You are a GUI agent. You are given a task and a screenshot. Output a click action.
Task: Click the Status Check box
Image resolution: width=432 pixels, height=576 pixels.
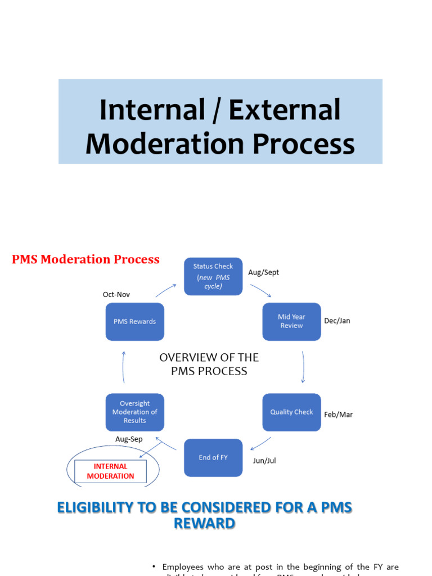[x=213, y=276]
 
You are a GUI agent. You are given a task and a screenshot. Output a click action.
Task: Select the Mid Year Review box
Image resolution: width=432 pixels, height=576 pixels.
[x=291, y=321]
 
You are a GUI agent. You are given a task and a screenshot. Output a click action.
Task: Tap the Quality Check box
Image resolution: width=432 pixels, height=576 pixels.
[x=291, y=412]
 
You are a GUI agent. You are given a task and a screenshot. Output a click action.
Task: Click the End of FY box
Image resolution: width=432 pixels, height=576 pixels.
[x=213, y=457]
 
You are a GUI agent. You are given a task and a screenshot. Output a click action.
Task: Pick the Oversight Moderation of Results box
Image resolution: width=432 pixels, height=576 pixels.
[x=134, y=412]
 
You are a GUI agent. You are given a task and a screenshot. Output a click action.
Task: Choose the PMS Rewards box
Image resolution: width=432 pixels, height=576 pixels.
[x=134, y=322]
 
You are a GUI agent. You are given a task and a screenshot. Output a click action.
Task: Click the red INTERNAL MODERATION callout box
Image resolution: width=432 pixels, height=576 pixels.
[x=110, y=471]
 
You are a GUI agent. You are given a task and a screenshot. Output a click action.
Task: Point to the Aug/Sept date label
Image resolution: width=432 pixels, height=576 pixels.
[x=263, y=272]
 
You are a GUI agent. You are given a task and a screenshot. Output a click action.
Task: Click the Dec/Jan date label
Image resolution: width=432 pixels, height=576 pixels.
[x=337, y=321]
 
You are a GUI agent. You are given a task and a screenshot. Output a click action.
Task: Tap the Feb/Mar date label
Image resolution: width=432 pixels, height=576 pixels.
[x=338, y=415]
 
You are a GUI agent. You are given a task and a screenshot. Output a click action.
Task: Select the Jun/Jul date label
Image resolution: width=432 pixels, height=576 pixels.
[x=264, y=461]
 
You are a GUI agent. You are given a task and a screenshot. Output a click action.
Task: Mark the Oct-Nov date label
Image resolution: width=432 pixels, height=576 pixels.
[x=116, y=294]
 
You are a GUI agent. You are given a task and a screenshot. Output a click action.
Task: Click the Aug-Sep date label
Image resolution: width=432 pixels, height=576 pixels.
[x=129, y=439]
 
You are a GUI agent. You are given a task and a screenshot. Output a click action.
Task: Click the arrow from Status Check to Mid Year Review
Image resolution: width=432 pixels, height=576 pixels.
[x=260, y=290]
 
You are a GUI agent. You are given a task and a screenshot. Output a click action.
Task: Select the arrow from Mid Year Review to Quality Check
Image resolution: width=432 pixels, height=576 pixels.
[x=303, y=367]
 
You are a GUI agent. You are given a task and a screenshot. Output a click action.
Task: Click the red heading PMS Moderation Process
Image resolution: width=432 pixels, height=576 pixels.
[x=86, y=259]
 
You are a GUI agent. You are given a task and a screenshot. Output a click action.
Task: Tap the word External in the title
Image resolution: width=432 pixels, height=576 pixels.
[x=284, y=110]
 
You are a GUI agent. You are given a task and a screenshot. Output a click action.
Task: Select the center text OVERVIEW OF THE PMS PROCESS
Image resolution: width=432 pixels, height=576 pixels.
[x=209, y=364]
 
